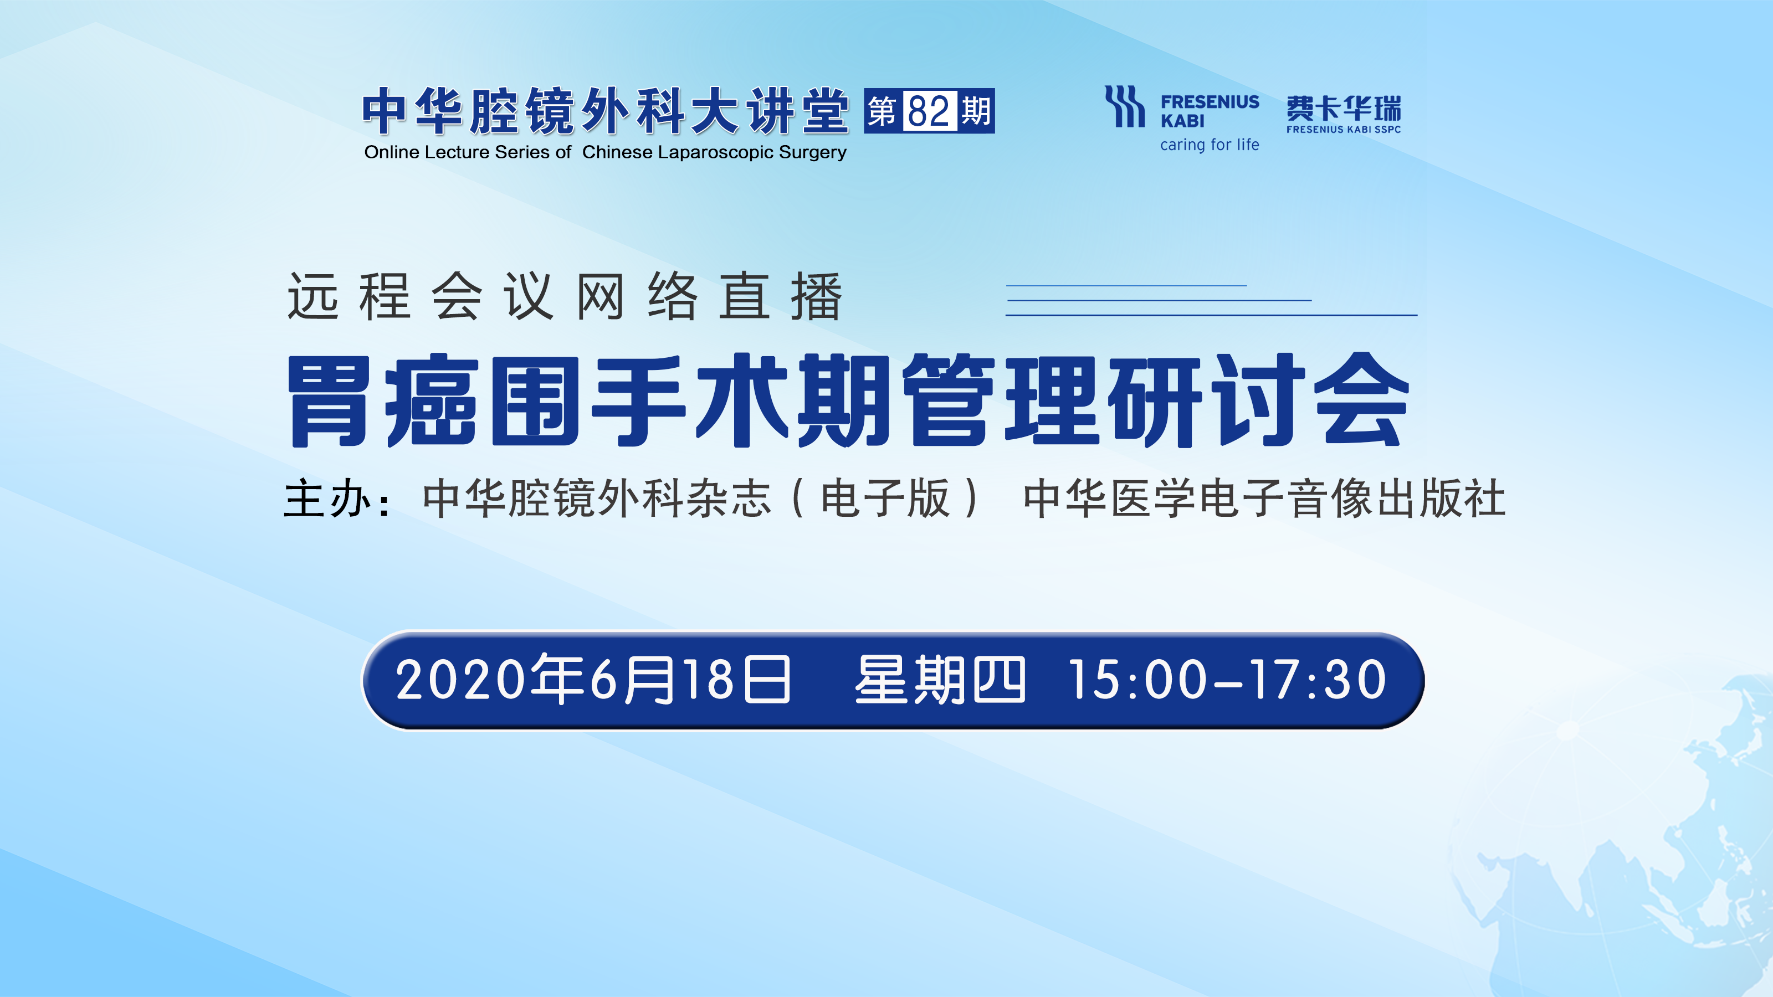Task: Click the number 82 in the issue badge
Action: pyautogui.click(x=929, y=111)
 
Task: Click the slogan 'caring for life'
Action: pyautogui.click(x=1210, y=145)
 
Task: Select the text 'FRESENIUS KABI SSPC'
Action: pyautogui.click(x=1344, y=130)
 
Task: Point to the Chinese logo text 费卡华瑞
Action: pyautogui.click(x=1344, y=108)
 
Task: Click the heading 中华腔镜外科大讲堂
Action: pyautogui.click(x=606, y=110)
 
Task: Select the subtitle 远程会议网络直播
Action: pyautogui.click(x=565, y=296)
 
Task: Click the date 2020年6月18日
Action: pyautogui.click(x=593, y=680)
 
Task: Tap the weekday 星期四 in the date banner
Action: pyautogui.click(x=940, y=680)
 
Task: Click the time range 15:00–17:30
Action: pyautogui.click(x=1227, y=680)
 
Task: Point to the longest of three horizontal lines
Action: pyautogui.click(x=1211, y=315)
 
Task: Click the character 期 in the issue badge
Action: pyautogui.click(x=975, y=111)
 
